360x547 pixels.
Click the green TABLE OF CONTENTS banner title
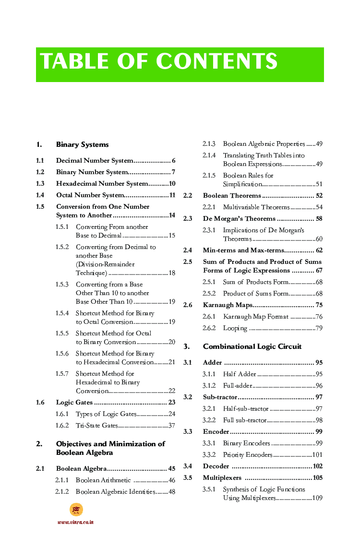click(x=159, y=62)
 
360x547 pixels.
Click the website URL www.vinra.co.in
click(x=75, y=522)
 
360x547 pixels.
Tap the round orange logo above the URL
click(x=76, y=510)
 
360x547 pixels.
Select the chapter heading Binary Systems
click(x=82, y=144)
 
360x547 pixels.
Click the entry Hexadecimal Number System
click(x=102, y=184)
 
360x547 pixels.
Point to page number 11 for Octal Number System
click(x=172, y=195)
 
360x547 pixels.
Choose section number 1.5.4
click(x=62, y=313)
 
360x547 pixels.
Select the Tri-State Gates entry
click(x=96, y=426)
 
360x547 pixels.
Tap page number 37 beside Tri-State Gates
click(x=171, y=426)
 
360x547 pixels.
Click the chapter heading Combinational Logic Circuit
click(x=252, y=346)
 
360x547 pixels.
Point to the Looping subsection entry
click(x=235, y=328)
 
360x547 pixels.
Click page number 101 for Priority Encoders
click(x=317, y=455)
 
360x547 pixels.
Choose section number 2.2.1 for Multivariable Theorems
click(x=209, y=207)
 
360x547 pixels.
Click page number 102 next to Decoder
click(x=317, y=466)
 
